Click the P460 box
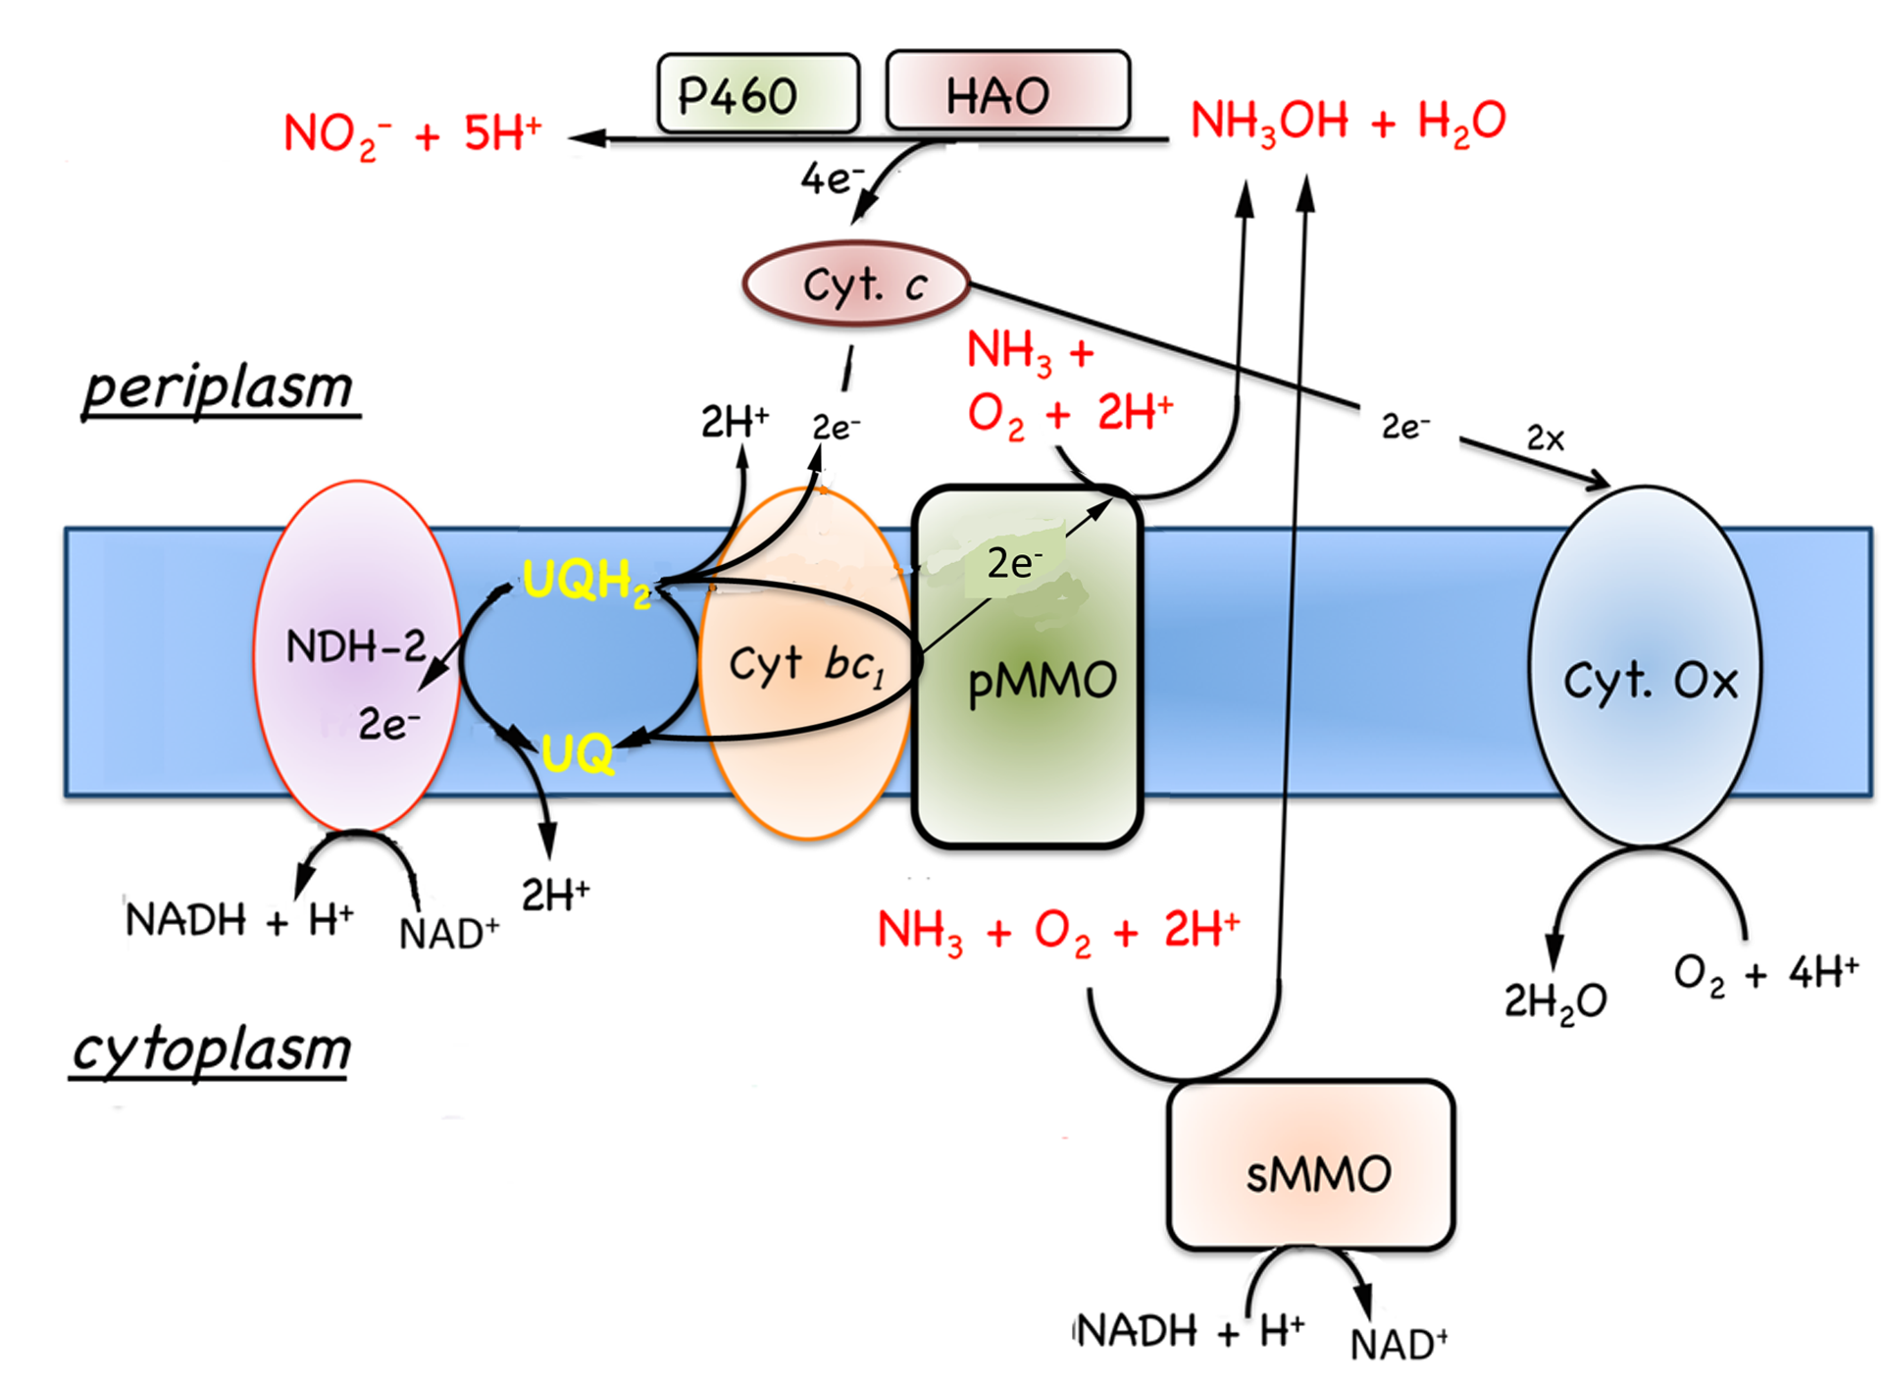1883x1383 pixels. [757, 94]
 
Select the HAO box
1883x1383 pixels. [1007, 92]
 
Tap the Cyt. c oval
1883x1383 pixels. [856, 284]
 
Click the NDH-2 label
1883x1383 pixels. [355, 646]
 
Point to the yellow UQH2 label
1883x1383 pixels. [586, 581]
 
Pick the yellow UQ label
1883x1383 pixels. [578, 754]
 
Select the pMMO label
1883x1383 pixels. [1043, 681]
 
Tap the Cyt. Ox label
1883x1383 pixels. [1651, 680]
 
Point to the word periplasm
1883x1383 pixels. [219, 388]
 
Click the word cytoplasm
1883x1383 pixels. [212, 1050]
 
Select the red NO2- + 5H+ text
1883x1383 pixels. [412, 133]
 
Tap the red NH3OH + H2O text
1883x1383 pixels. [1348, 122]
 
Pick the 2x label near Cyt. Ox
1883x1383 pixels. [1546, 438]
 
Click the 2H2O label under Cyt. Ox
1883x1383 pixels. [1555, 1001]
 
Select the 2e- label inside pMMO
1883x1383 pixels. [1014, 563]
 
